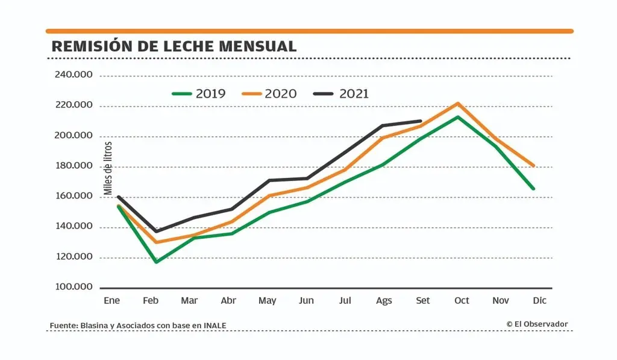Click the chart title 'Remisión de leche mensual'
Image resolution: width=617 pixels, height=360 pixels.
[x=174, y=46]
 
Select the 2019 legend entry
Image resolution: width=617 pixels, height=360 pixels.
[x=199, y=93]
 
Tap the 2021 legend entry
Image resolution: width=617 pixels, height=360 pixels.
[x=342, y=93]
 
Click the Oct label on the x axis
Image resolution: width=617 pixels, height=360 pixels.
[x=462, y=300]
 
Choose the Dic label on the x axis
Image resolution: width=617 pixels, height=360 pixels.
[x=539, y=300]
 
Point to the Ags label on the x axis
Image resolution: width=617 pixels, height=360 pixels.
[x=383, y=300]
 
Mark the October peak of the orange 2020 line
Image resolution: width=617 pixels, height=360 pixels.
[x=458, y=103]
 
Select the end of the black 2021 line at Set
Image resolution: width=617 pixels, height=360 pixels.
[x=421, y=121]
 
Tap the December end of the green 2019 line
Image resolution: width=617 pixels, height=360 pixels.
[x=533, y=189]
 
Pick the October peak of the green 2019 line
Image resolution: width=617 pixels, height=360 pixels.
[x=458, y=117]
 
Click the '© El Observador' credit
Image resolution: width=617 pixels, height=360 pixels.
[x=537, y=324]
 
